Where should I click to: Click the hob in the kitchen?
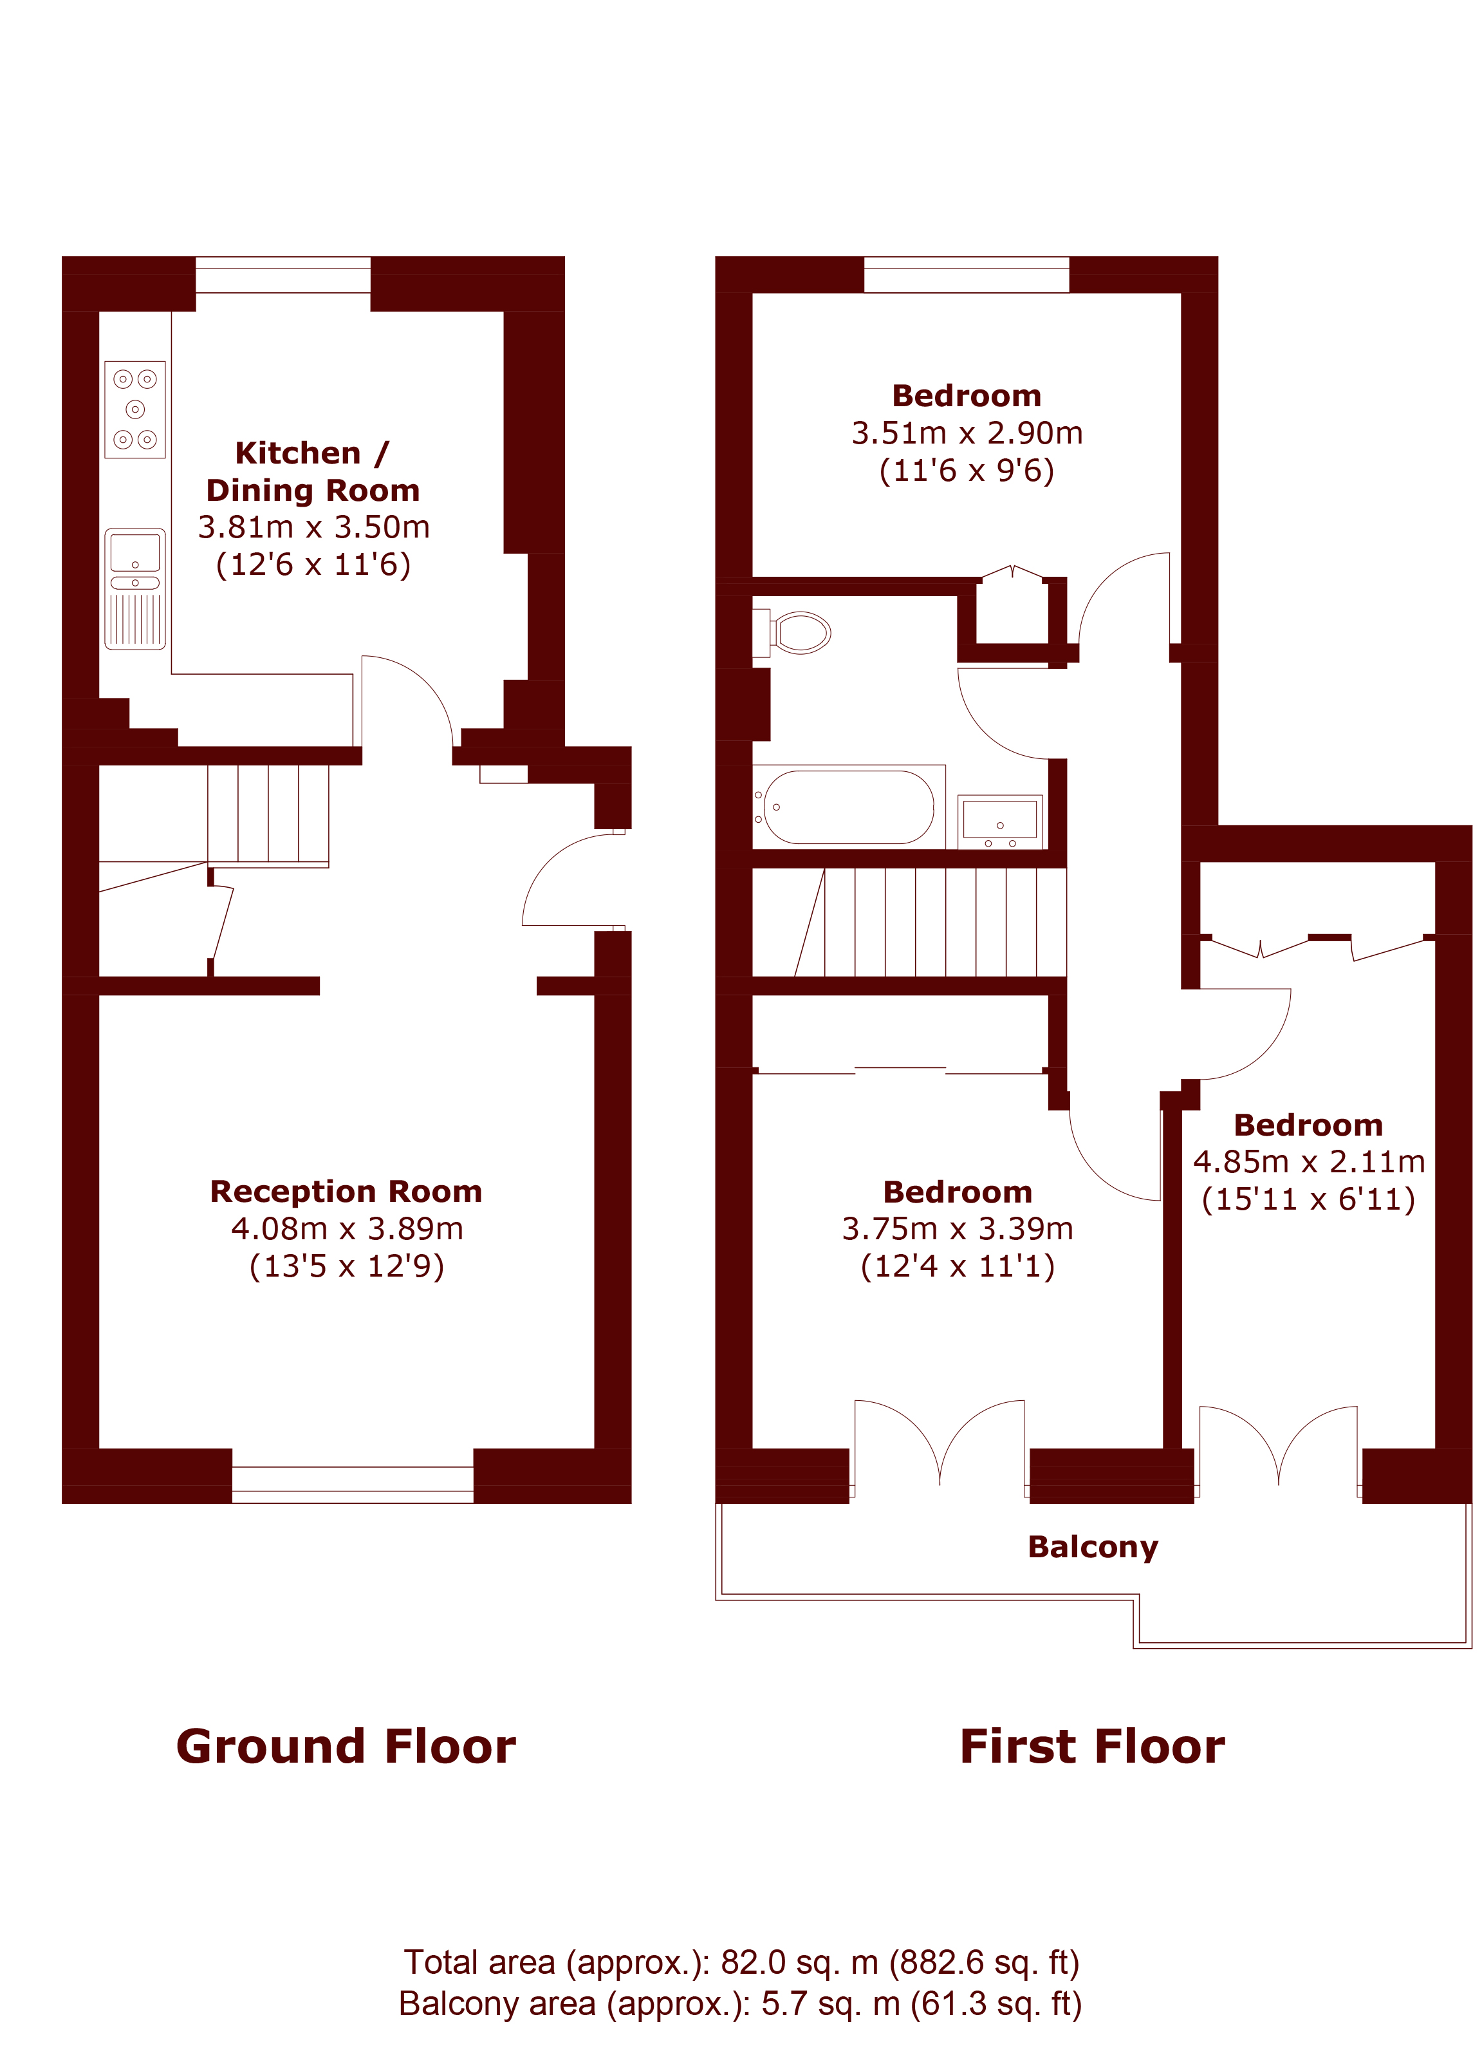click(134, 409)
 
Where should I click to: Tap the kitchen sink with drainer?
click(134, 589)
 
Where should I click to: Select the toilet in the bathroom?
click(792, 632)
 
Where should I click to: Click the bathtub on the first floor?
click(849, 807)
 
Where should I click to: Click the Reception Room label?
click(346, 1191)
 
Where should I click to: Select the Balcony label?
click(1093, 1547)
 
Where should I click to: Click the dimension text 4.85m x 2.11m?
click(1308, 1161)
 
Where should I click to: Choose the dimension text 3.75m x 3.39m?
click(958, 1228)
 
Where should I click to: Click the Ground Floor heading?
click(346, 1747)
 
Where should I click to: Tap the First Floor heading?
click(1092, 1747)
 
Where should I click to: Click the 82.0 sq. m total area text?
click(742, 1962)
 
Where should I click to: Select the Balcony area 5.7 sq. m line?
click(741, 2004)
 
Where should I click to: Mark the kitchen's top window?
click(283, 275)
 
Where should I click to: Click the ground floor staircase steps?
click(268, 814)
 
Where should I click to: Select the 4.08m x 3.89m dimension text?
click(346, 1228)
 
